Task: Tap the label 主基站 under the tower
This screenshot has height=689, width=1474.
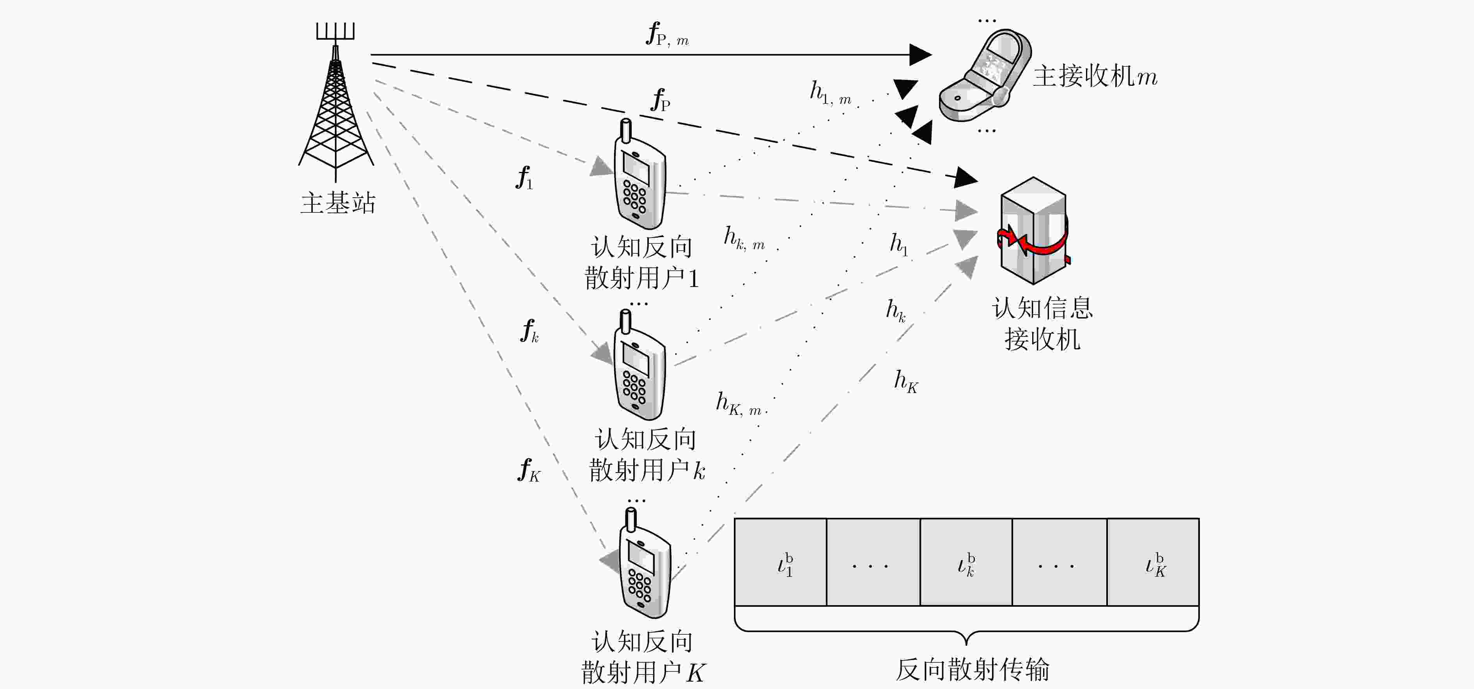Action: [338, 203]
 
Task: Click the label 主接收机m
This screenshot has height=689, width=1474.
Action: [1095, 76]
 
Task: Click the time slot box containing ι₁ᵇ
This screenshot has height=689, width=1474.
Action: [781, 562]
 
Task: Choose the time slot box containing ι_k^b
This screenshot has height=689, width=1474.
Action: [966, 562]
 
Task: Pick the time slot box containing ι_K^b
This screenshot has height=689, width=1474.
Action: [1153, 562]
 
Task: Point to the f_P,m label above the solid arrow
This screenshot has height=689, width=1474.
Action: [667, 34]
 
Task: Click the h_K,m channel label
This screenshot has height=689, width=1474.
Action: [739, 404]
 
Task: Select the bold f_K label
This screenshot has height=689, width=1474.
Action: [529, 470]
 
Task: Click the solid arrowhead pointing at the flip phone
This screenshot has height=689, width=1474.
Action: [921, 54]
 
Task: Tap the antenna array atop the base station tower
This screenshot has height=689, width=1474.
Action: [336, 32]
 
